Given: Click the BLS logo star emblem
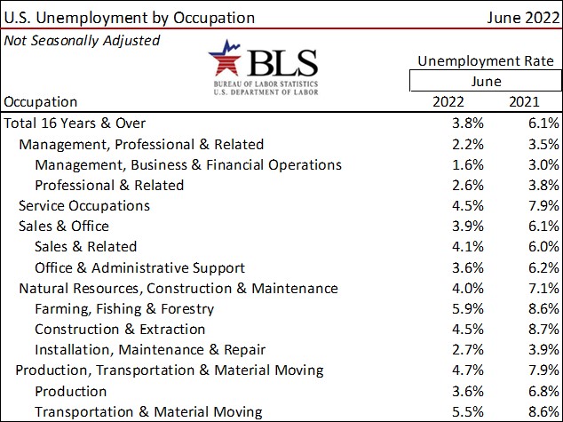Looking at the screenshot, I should (225, 60).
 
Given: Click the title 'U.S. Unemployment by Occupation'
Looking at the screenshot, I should (130, 17).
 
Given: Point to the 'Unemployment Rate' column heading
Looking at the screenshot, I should (486, 61).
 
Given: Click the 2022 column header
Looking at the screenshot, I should (448, 101).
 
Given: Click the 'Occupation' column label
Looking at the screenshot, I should (41, 101).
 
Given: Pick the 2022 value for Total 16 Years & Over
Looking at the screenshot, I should (467, 123).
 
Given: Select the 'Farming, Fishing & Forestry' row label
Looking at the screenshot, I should (124, 309).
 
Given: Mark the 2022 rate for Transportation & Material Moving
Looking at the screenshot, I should (467, 411).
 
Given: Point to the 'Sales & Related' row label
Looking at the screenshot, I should (85, 247).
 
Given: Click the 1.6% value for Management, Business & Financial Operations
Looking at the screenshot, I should (467, 164).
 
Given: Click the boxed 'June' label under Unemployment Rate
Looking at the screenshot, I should (485, 82).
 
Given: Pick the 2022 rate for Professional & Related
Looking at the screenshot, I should (467, 185).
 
